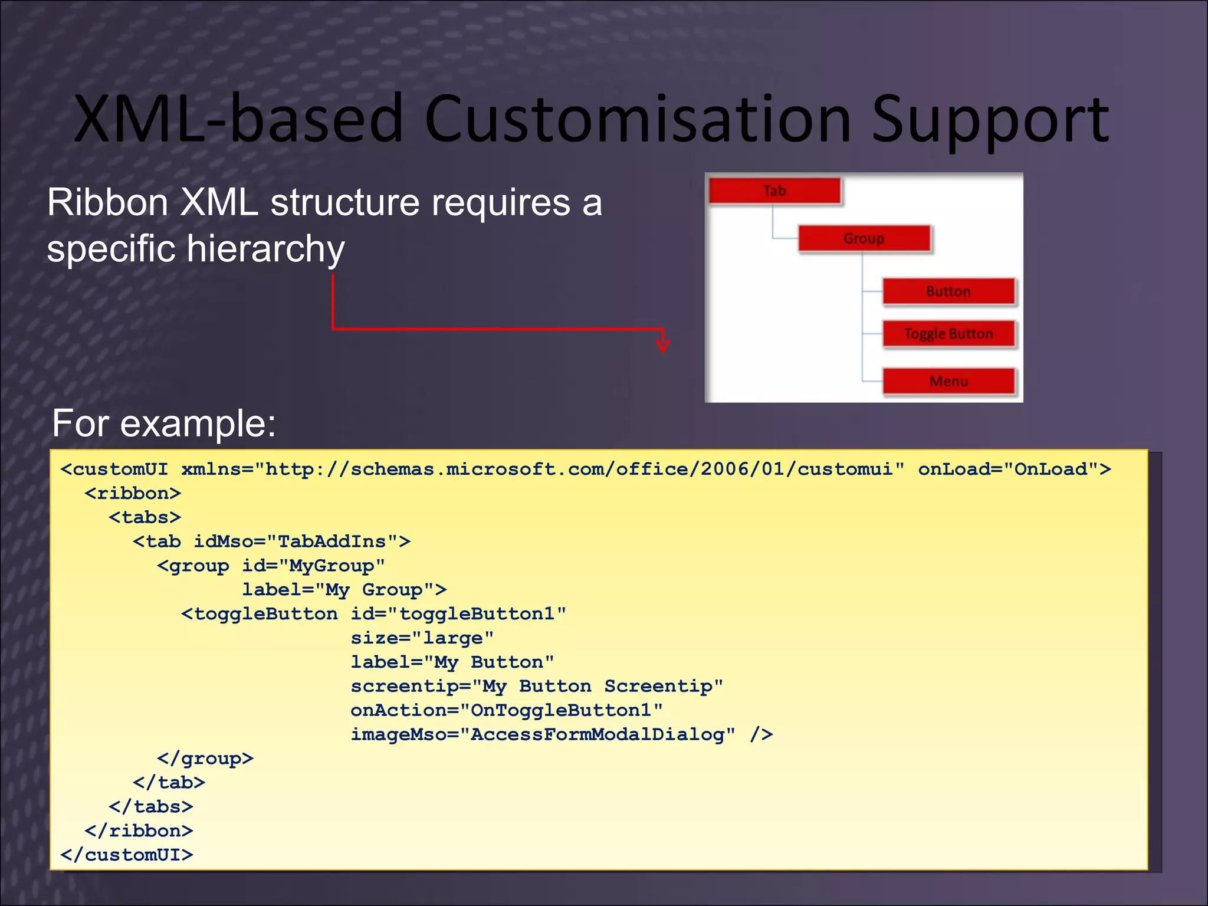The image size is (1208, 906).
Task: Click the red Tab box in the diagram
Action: [x=774, y=191]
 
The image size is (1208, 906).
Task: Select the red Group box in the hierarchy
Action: [x=864, y=238]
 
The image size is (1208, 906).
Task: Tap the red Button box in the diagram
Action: [x=948, y=291]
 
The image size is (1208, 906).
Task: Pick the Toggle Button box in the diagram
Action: [x=948, y=334]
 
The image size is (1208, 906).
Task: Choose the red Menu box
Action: [x=948, y=381]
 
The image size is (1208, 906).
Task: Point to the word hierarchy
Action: [x=265, y=249]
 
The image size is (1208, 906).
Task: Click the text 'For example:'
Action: [x=164, y=423]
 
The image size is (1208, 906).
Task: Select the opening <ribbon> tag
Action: [x=133, y=493]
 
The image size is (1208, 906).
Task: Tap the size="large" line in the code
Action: [x=422, y=638]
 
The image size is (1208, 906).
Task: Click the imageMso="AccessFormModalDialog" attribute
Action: [x=543, y=734]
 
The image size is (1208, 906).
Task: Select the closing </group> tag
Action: [x=205, y=759]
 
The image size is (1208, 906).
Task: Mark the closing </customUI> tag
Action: [x=127, y=855]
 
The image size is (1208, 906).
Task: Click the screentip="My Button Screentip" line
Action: [x=537, y=686]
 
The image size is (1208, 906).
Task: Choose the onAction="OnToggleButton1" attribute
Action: [x=506, y=710]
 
